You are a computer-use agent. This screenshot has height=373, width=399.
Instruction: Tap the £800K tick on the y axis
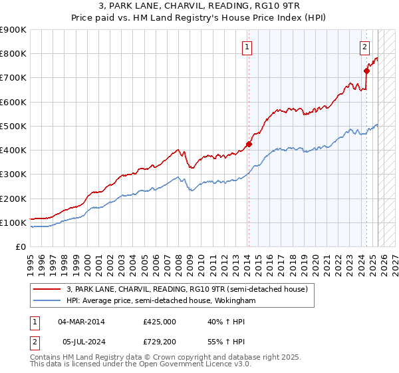coord(13,54)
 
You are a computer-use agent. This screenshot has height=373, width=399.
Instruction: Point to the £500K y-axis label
coord(13,126)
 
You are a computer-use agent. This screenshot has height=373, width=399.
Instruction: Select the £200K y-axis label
coord(13,198)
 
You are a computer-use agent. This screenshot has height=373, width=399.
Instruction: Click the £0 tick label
coord(20,246)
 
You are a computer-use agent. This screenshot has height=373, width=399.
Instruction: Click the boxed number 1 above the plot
coord(247,47)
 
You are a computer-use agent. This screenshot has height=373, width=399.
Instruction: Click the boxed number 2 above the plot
coord(365,47)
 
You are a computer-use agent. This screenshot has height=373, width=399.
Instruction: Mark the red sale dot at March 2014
coord(249,144)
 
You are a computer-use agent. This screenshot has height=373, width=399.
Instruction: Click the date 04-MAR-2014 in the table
coord(81,322)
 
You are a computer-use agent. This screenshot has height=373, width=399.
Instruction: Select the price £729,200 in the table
coord(160,342)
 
